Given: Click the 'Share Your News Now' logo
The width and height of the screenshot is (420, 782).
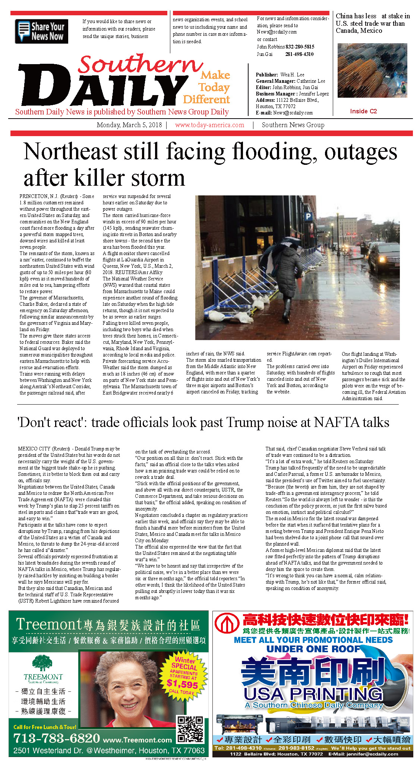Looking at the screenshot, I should click(x=41, y=31).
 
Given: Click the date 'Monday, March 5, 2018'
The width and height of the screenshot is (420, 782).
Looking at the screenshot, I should click(x=129, y=125).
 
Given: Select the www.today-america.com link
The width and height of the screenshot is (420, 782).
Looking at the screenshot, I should click(x=209, y=125).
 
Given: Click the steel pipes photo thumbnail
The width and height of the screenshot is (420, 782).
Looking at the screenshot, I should click(x=372, y=70).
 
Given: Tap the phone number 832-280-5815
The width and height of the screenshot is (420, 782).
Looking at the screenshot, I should click(x=300, y=47).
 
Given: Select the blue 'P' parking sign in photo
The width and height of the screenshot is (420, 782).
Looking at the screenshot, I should click(x=308, y=216).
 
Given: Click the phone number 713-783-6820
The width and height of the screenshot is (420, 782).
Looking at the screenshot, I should click(x=56, y=738).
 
